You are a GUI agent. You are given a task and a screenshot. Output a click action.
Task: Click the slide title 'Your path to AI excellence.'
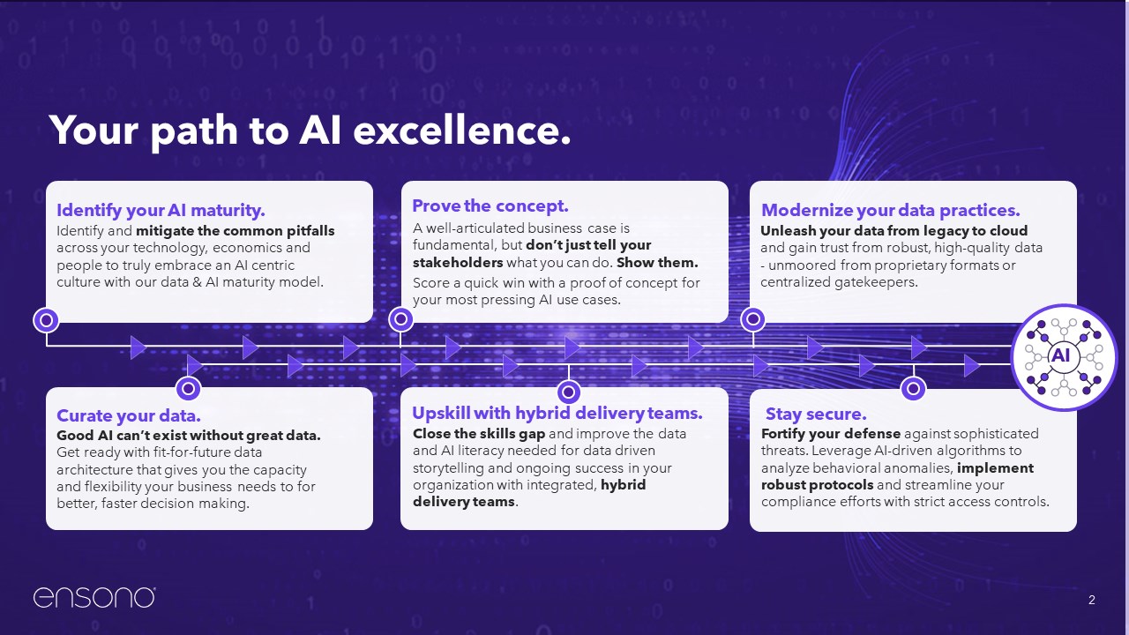click(x=310, y=131)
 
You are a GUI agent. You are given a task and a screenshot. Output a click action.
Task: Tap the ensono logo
click(x=94, y=597)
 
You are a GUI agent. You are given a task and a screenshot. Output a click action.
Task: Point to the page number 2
click(x=1092, y=600)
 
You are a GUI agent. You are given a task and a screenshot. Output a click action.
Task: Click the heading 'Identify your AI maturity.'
click(x=161, y=210)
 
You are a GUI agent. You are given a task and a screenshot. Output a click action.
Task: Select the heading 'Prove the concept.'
click(x=490, y=205)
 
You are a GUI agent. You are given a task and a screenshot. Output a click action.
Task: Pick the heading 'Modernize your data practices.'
click(x=891, y=210)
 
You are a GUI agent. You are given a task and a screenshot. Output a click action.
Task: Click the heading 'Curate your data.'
click(x=129, y=415)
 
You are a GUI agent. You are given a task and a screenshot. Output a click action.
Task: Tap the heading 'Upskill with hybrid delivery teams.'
click(x=557, y=414)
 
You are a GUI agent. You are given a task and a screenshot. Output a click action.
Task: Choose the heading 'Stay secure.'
click(x=816, y=414)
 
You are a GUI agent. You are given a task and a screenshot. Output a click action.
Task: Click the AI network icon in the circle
click(x=1064, y=357)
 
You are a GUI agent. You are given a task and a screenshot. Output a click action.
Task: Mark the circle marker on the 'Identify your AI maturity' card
click(x=46, y=320)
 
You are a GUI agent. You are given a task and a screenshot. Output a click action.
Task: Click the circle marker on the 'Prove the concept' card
click(x=400, y=319)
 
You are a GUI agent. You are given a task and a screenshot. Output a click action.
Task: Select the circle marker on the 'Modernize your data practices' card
click(x=753, y=319)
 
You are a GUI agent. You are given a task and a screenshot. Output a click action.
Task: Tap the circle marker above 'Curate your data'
click(x=189, y=389)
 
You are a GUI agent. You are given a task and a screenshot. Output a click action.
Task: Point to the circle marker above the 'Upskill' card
click(x=569, y=392)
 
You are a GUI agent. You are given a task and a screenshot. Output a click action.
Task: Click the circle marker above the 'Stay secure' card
click(x=913, y=389)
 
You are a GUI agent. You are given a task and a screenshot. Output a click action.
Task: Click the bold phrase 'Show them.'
click(x=657, y=263)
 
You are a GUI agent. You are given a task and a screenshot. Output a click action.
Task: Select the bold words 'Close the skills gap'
click(x=479, y=433)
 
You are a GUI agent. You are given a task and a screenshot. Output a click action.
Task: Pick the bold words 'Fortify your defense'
click(x=831, y=433)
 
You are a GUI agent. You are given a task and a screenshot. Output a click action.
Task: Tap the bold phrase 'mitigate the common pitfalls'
click(x=236, y=231)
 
